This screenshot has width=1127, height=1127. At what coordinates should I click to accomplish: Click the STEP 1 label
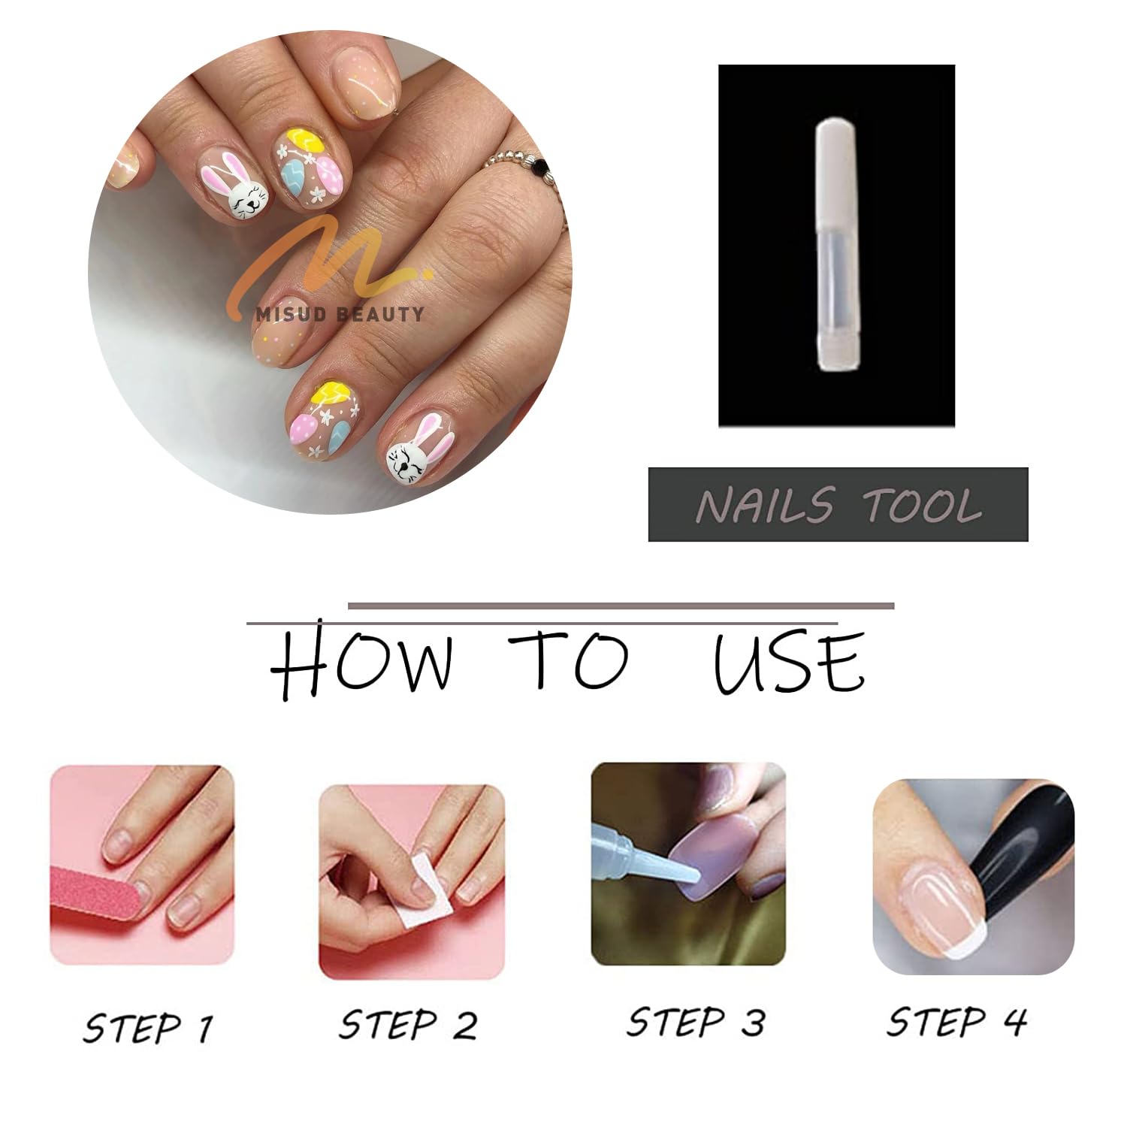coord(148,1027)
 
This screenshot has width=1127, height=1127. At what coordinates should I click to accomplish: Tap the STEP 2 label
coord(408,1025)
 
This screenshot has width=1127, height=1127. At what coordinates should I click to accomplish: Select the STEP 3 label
coord(696,1022)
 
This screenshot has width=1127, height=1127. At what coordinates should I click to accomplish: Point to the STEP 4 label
coord(956,1021)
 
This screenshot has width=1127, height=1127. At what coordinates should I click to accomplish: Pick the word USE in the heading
coord(789,661)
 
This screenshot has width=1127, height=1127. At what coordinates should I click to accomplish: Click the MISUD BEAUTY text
coord(340,314)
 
